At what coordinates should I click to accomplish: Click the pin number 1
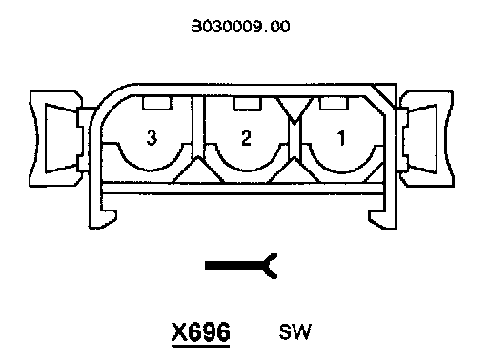(341, 137)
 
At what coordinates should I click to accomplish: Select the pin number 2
(246, 137)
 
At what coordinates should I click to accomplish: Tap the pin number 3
(152, 137)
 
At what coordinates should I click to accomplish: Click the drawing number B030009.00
(240, 26)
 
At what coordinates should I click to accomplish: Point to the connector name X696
(201, 332)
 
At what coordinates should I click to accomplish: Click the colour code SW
(295, 331)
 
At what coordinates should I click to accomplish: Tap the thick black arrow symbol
(241, 266)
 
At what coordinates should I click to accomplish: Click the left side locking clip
(60, 138)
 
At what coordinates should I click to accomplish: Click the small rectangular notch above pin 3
(157, 103)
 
